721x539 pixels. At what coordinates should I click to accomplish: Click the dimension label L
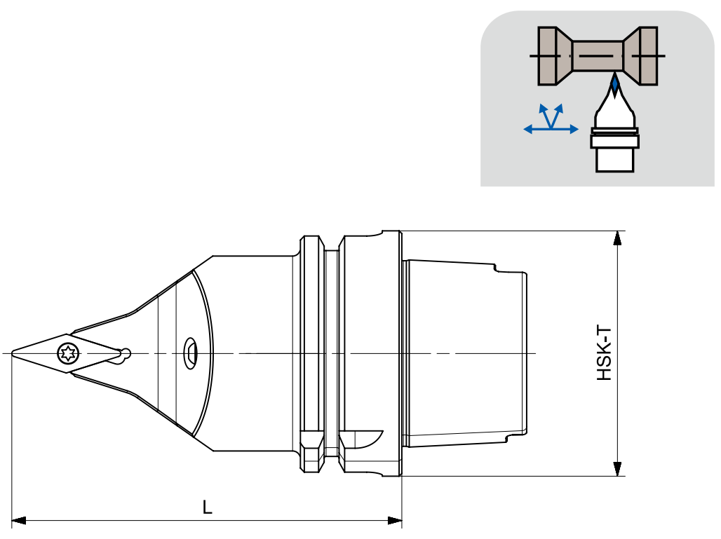click(x=208, y=507)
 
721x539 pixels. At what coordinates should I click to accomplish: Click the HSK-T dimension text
click(x=604, y=353)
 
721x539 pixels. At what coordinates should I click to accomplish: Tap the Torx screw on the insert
click(x=68, y=353)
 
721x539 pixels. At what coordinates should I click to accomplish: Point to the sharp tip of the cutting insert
click(x=12, y=353)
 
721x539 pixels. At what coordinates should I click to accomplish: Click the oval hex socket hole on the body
click(x=191, y=353)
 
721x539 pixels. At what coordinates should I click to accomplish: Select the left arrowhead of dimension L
click(x=18, y=521)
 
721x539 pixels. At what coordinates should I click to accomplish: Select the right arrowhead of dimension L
click(x=395, y=521)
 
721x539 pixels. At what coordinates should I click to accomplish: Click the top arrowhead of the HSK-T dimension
click(x=617, y=238)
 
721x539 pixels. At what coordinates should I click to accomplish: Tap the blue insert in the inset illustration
click(x=614, y=85)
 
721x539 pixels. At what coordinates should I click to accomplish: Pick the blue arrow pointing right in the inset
click(x=565, y=129)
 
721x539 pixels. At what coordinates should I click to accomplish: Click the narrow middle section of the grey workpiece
click(x=598, y=56)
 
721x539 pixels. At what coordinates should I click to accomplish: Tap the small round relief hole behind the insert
click(x=124, y=354)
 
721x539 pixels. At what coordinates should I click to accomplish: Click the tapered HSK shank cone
click(x=464, y=353)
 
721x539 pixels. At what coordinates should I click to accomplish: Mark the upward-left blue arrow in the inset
click(x=546, y=116)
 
